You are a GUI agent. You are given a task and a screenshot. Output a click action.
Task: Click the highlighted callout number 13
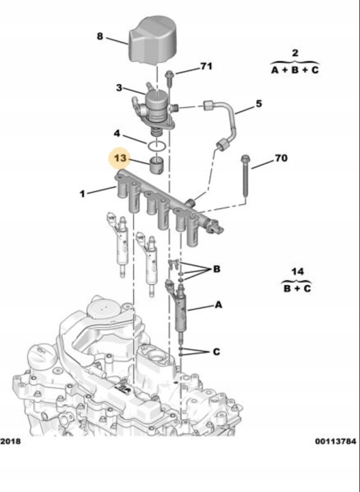(120, 158)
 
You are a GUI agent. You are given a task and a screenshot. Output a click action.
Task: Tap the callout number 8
(100, 36)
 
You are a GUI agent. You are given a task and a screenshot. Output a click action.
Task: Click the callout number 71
(206, 66)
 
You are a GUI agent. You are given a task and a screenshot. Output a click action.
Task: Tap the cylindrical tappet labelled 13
(157, 165)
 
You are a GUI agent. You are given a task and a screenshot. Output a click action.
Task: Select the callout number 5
(258, 104)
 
